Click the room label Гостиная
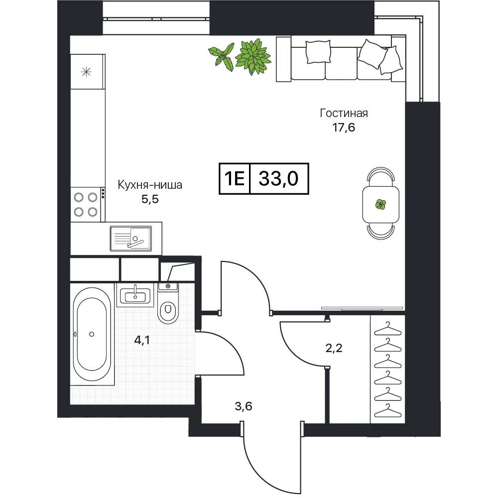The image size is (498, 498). [344, 114]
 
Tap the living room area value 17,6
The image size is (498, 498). [344, 127]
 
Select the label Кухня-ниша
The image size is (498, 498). [150, 185]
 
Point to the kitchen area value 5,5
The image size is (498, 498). [150, 200]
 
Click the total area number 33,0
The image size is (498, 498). [278, 178]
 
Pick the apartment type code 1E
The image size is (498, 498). [235, 178]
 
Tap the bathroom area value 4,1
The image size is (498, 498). [141, 341]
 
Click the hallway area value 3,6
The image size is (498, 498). [244, 406]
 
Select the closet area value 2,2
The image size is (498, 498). [334, 349]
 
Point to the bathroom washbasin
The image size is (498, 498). [135, 295]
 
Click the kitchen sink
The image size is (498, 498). [131, 239]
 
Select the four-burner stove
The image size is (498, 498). [86, 205]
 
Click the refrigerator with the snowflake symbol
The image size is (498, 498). [87, 72]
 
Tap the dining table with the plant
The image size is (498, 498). [381, 204]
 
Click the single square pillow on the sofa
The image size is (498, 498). [318, 51]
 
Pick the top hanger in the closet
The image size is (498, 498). [388, 329]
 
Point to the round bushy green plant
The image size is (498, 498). [253, 57]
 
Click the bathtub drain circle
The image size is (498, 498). [92, 334]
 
